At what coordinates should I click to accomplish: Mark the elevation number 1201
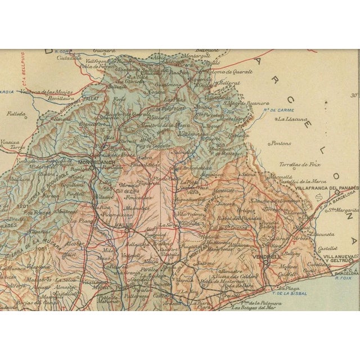23,206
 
